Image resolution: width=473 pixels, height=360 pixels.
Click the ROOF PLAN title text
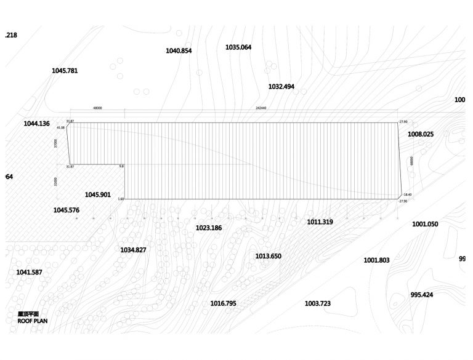tap(32, 321)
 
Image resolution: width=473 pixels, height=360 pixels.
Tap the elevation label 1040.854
tap(179, 50)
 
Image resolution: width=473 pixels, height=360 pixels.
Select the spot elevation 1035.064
tap(238, 47)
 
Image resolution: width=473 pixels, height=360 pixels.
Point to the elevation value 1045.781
tap(65, 71)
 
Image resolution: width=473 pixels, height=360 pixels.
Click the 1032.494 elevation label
tap(281, 87)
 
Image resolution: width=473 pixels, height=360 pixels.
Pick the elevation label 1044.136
tap(36, 124)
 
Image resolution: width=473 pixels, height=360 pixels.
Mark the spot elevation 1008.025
tap(421, 134)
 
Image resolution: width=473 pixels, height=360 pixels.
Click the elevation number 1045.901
tap(98, 194)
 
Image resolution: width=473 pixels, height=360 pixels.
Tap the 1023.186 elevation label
tap(209, 228)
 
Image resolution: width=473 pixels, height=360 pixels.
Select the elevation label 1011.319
tap(320, 222)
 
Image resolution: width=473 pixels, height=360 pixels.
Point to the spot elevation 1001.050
tap(425, 224)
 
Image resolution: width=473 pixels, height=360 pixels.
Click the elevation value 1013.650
tap(268, 256)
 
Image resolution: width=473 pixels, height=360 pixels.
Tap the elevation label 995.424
tap(421, 295)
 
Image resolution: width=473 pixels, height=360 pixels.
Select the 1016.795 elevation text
tap(223, 303)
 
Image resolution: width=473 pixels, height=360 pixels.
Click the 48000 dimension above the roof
tap(97, 108)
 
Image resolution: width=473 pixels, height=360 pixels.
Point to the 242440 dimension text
tap(261, 108)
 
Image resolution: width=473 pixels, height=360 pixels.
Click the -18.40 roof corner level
tap(406, 194)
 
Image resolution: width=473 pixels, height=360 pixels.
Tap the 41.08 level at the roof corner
tap(60, 127)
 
